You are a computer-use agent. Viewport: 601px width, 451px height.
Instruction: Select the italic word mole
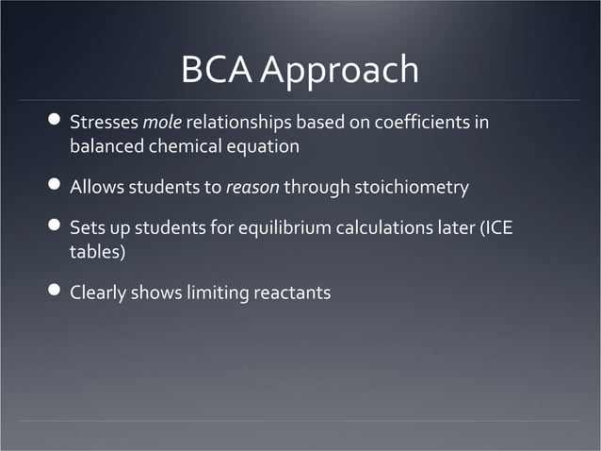click(162, 123)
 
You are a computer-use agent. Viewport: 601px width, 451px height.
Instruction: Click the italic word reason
click(252, 188)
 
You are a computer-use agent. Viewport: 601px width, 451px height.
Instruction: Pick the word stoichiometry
click(411, 188)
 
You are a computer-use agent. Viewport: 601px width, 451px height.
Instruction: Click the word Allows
click(98, 188)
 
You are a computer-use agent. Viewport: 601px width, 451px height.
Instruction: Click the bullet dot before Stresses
click(54, 122)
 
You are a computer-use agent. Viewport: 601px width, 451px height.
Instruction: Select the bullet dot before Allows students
click(54, 186)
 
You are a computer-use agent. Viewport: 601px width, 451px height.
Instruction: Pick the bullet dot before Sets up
click(54, 228)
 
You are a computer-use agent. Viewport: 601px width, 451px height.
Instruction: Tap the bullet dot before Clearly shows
click(54, 292)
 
